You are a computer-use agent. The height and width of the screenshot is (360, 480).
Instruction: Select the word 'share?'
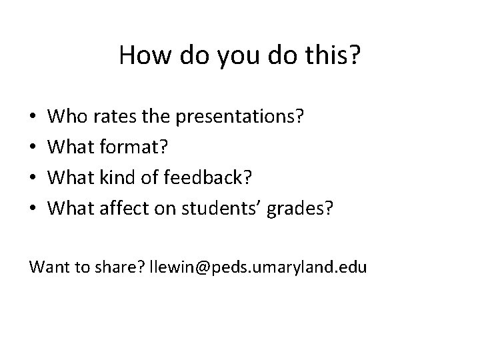(129, 267)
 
